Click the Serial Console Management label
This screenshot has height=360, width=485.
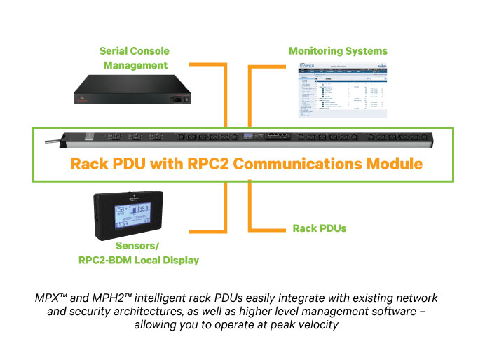click(x=135, y=58)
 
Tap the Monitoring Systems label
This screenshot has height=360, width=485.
click(x=338, y=51)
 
